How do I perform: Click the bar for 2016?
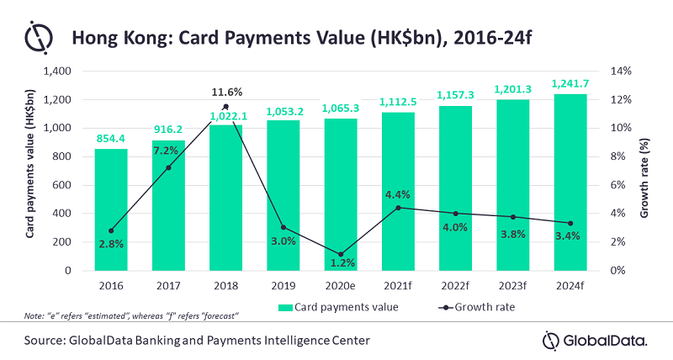click(x=111, y=209)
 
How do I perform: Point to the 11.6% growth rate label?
click(x=226, y=91)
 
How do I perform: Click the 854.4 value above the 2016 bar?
click(x=111, y=137)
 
